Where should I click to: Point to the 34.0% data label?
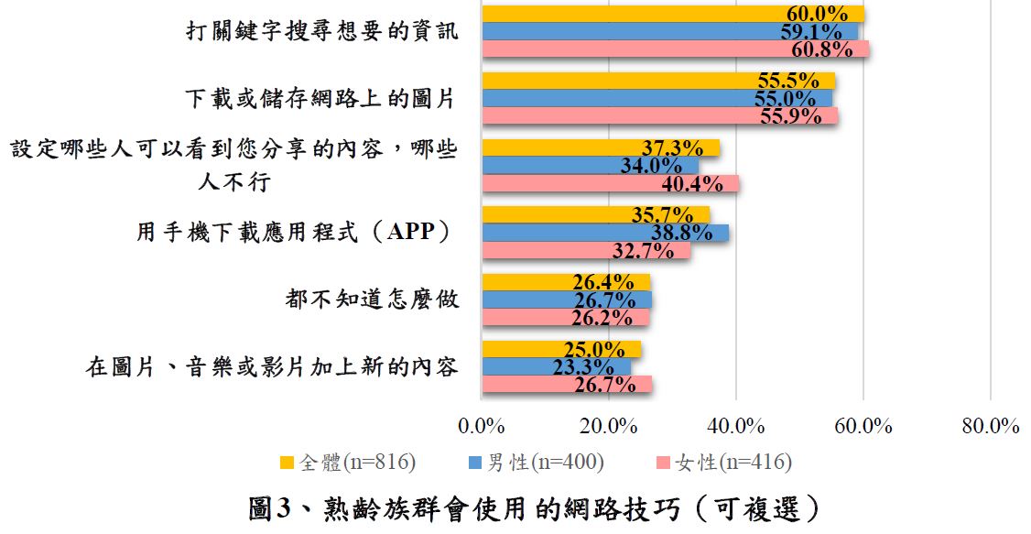(x=650, y=166)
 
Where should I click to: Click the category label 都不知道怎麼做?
(x=372, y=300)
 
